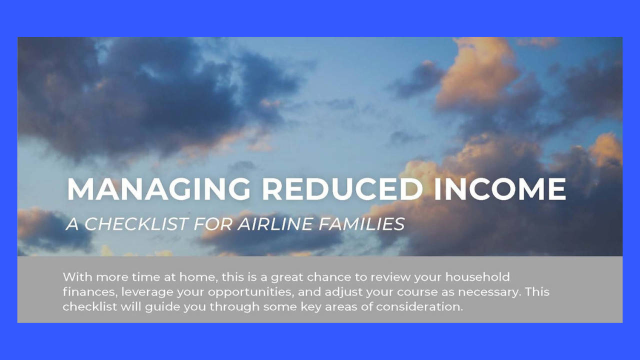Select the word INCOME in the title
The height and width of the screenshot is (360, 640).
500,189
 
